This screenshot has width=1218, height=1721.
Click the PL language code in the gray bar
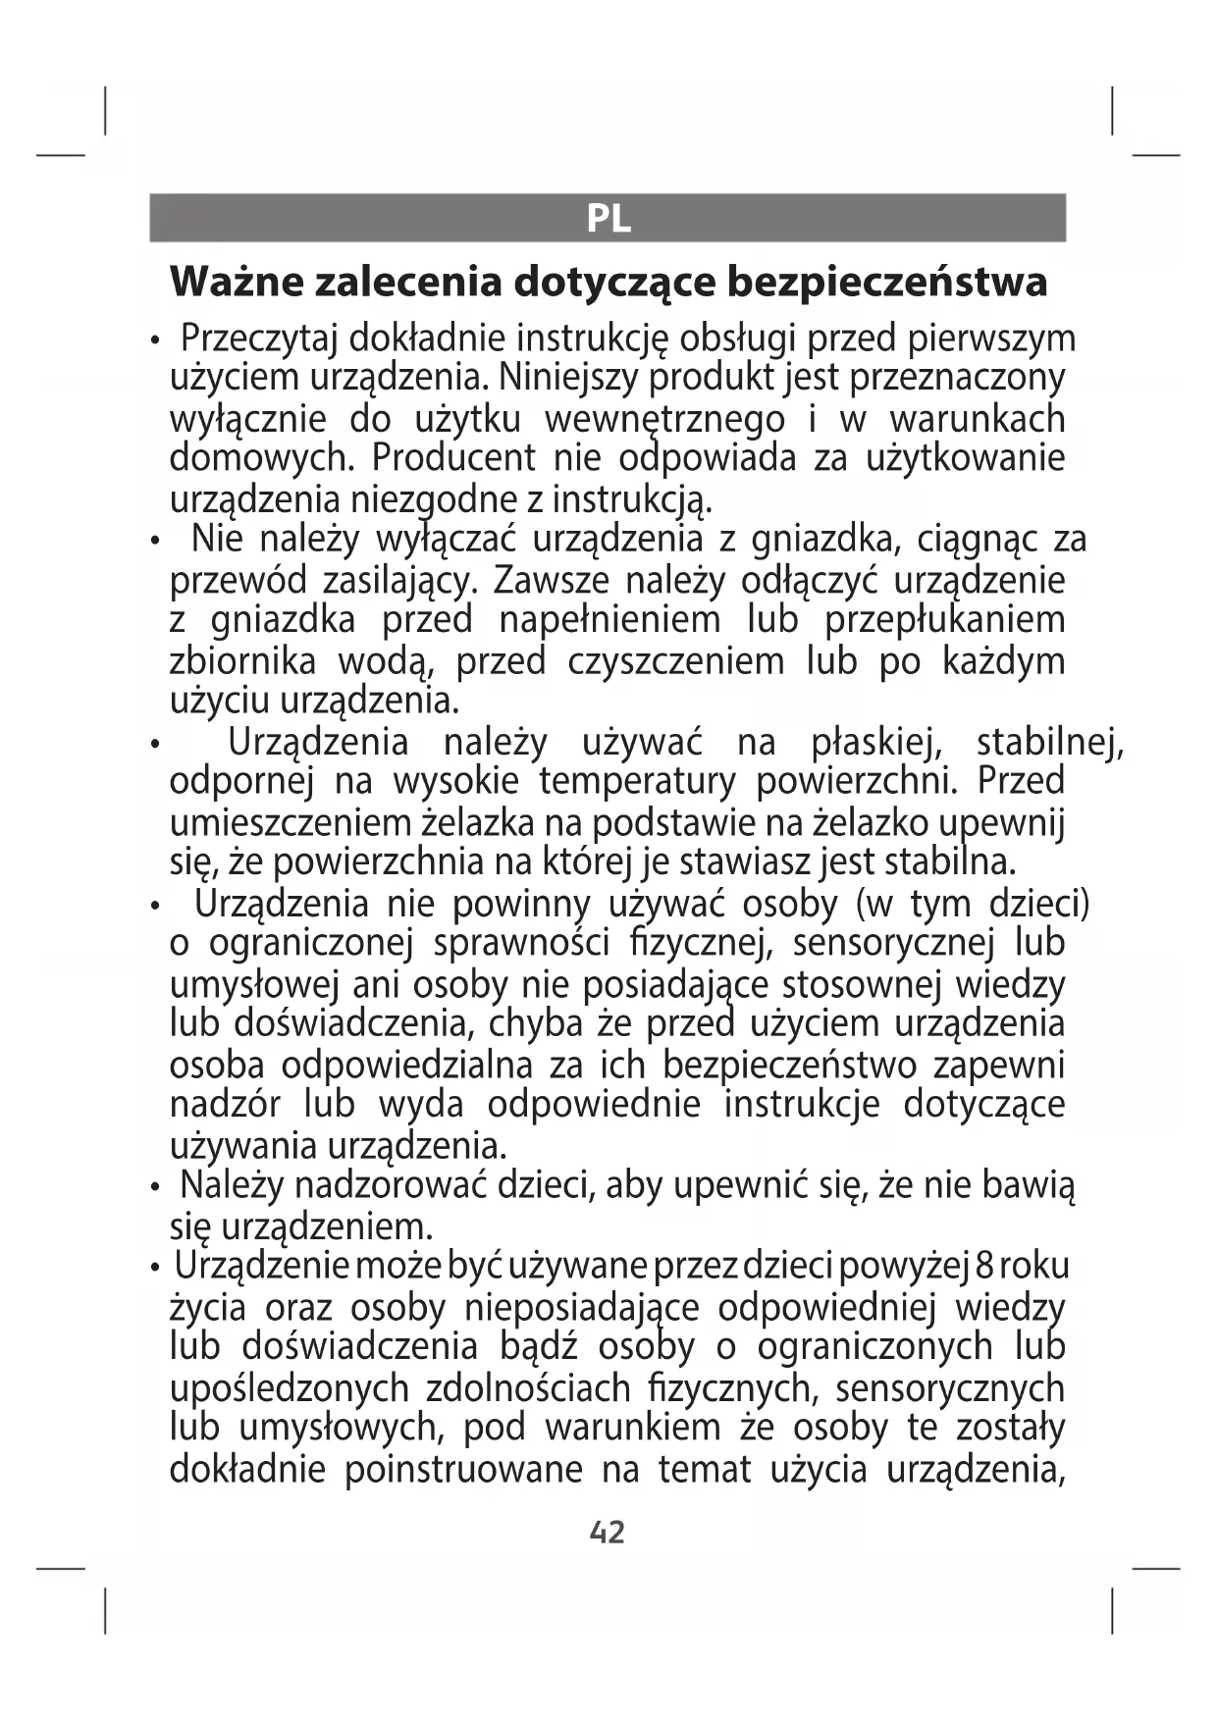coord(608,218)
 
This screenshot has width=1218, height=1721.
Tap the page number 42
coord(608,1532)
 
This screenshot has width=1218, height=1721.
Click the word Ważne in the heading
coord(235,282)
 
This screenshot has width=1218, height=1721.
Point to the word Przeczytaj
coord(259,339)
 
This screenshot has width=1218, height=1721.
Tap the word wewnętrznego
coord(664,419)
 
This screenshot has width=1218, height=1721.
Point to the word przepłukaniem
coord(944,620)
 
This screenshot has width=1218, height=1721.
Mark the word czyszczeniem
coord(675,661)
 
